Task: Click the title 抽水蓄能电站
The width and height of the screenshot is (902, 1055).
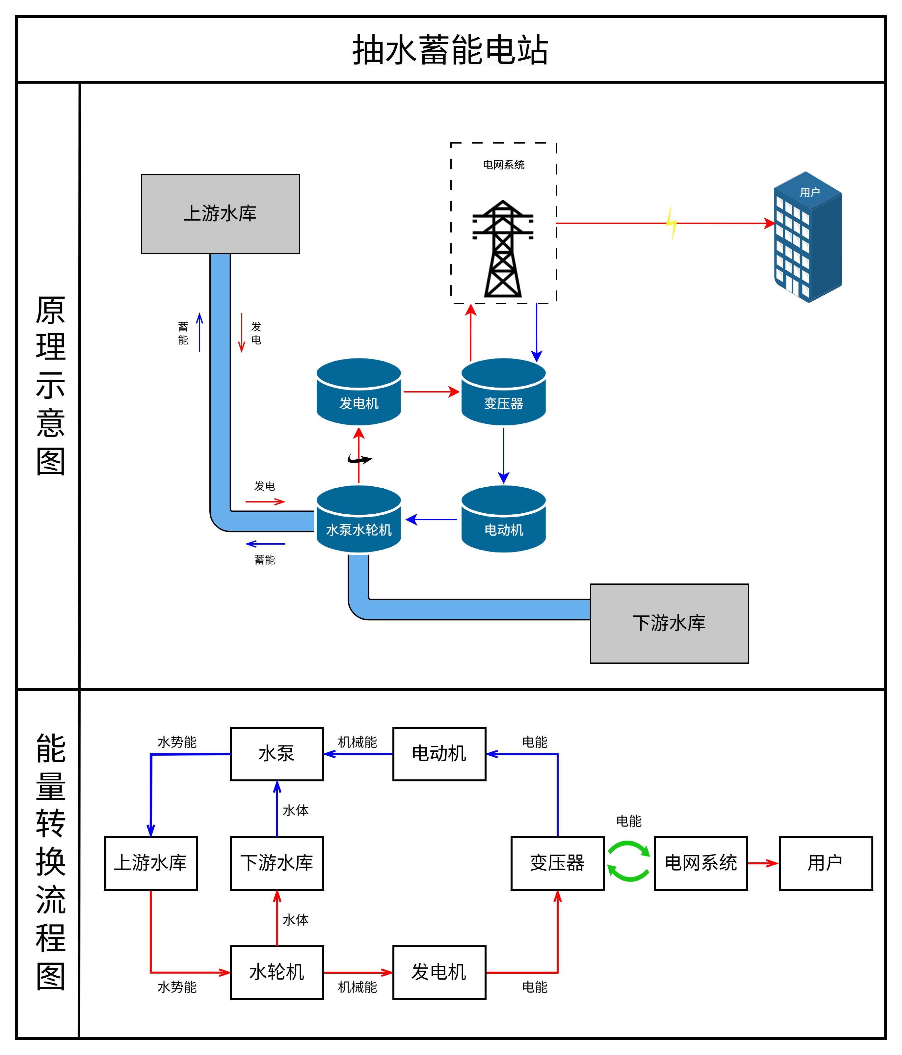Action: pyautogui.click(x=450, y=50)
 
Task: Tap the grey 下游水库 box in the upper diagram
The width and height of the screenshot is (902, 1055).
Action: pyautogui.click(x=669, y=623)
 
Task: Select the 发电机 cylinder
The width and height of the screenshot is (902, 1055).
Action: pyautogui.click(x=358, y=392)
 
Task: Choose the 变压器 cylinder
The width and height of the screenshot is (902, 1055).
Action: pyautogui.click(x=503, y=392)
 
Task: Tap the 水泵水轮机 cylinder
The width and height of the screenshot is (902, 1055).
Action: pyautogui.click(x=358, y=519)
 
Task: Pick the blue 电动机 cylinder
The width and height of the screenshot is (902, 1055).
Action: pyautogui.click(x=503, y=519)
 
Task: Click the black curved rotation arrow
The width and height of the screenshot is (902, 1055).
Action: pyautogui.click(x=359, y=459)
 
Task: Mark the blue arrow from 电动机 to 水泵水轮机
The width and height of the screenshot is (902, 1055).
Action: pyautogui.click(x=432, y=519)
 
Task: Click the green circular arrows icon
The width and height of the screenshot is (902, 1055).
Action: pyautogui.click(x=629, y=861)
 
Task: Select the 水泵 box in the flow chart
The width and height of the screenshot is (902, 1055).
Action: pyautogui.click(x=277, y=754)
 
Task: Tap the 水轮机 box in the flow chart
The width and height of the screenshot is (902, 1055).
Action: pyautogui.click(x=277, y=972)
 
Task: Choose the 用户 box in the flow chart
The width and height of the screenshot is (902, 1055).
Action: pyautogui.click(x=826, y=863)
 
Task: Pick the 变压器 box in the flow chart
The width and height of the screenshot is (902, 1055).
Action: pyautogui.click(x=557, y=863)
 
